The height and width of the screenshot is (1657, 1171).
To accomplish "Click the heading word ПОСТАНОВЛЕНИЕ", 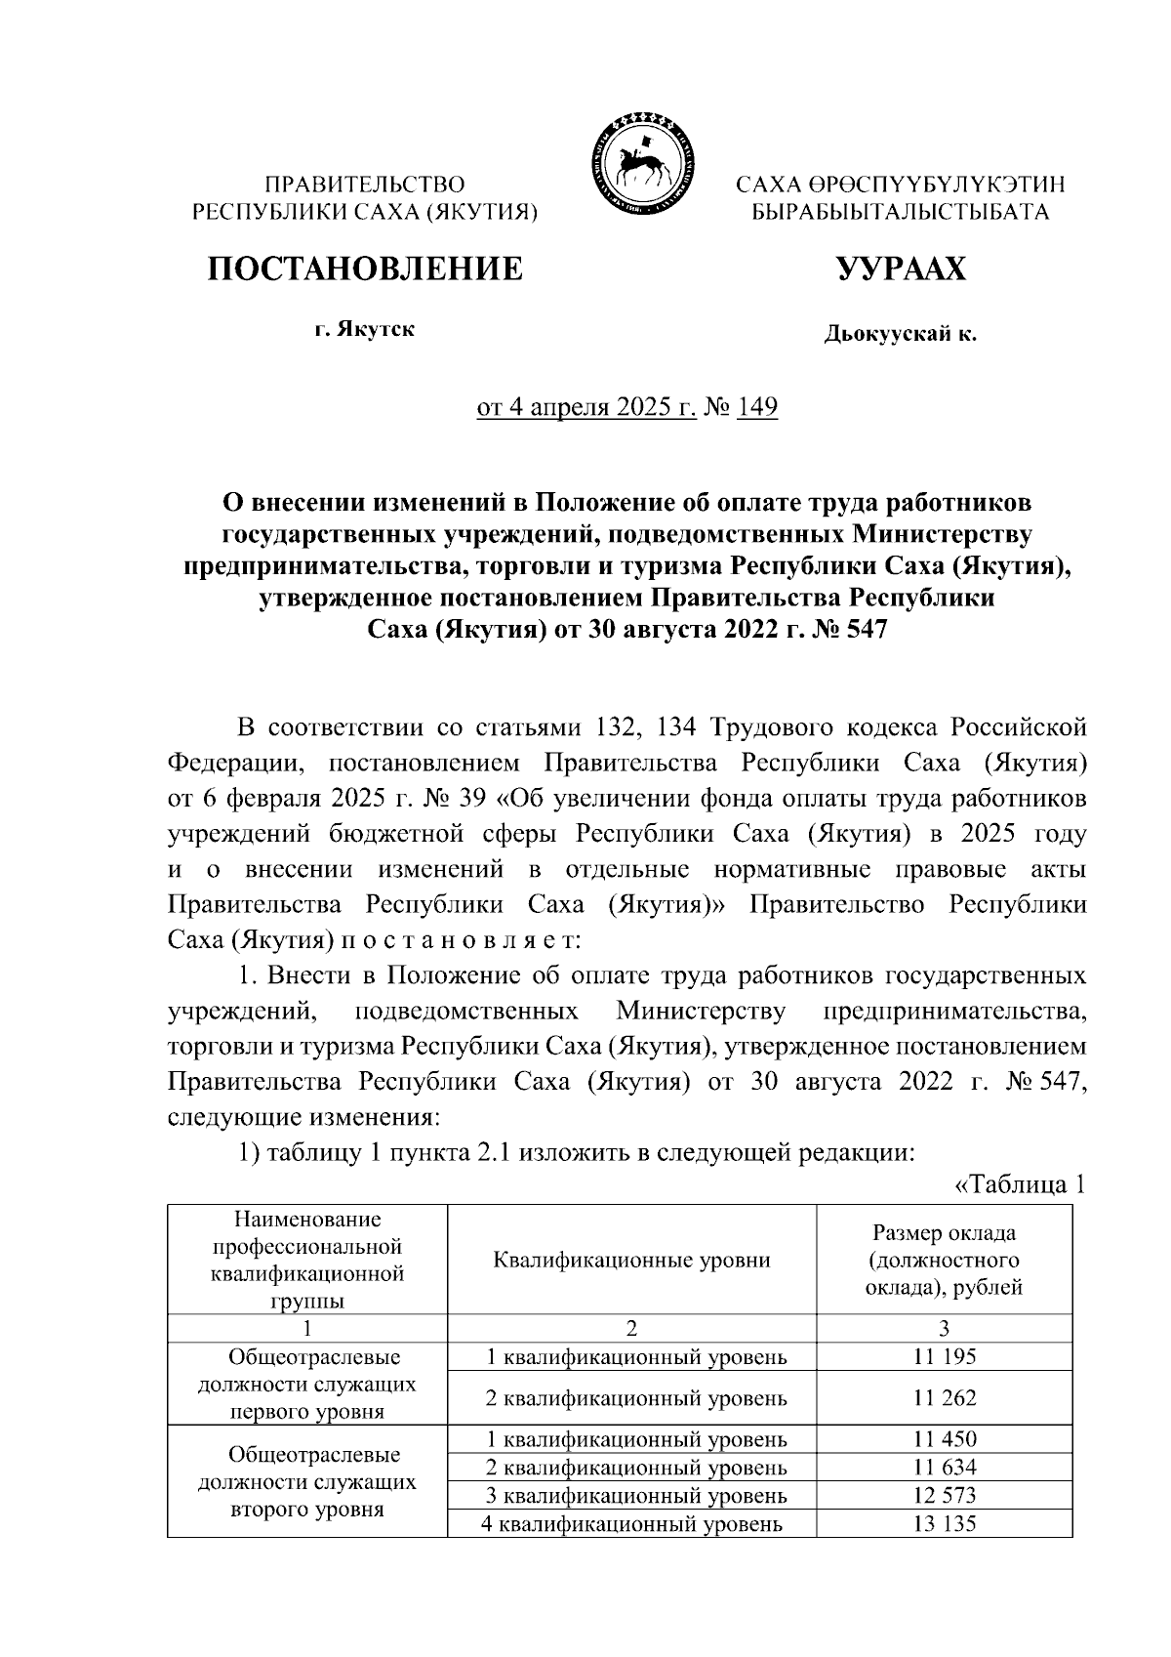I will pyautogui.click(x=364, y=268).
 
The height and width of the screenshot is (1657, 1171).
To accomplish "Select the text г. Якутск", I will pyautogui.click(x=364, y=329).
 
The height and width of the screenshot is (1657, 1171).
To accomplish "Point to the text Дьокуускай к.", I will pyautogui.click(x=900, y=335).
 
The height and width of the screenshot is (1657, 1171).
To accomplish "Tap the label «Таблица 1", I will pyautogui.click(x=1018, y=1185).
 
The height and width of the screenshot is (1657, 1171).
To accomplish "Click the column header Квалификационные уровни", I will pyautogui.click(x=631, y=1260).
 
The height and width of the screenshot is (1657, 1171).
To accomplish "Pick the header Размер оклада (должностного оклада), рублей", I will pyautogui.click(x=944, y=1260).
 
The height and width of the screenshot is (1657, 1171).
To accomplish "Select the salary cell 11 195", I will pyautogui.click(x=944, y=1356).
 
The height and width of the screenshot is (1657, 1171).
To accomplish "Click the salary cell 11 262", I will pyautogui.click(x=944, y=1398).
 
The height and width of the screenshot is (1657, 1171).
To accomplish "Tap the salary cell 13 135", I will pyautogui.click(x=944, y=1523).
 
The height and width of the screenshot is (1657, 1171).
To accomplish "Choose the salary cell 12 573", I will pyautogui.click(x=944, y=1495).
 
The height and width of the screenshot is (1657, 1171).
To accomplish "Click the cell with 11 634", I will pyautogui.click(x=944, y=1467).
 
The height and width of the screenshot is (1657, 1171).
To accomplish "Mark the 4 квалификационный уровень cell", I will pyautogui.click(x=631, y=1523).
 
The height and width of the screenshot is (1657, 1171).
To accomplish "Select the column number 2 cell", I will pyautogui.click(x=631, y=1328).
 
